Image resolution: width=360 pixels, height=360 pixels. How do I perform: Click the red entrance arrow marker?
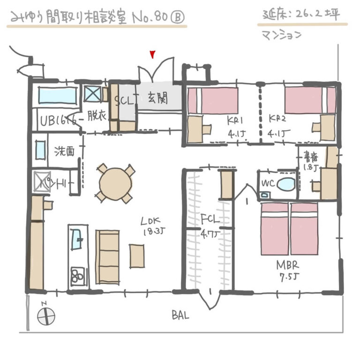(152, 55)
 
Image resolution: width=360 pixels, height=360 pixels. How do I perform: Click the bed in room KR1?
(213, 101)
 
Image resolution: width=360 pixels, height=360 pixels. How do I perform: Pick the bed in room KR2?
(310, 100)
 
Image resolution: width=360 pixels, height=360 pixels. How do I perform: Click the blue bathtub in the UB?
(57, 96)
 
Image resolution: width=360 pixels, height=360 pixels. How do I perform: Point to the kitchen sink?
(77, 243)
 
